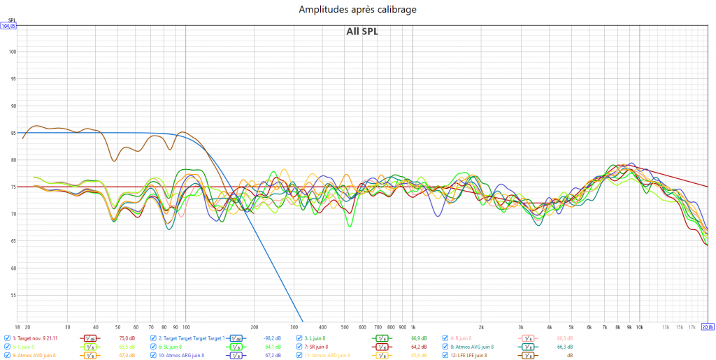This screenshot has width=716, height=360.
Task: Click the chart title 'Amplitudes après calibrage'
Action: coord(357,10)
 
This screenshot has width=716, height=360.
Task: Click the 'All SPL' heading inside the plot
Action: coord(361,31)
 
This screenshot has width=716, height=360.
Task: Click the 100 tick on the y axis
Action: coord(12,52)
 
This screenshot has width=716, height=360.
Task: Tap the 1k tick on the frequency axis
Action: coord(413,326)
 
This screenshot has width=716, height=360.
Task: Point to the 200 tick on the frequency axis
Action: coord(254,326)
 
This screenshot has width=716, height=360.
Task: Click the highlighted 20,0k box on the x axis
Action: coord(707,326)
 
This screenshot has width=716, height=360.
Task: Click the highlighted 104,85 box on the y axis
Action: coord(8,26)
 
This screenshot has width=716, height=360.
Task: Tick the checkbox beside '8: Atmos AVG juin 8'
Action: coord(445,346)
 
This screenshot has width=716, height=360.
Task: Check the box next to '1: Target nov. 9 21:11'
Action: coord(8,338)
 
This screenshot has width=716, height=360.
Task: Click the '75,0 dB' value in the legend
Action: coord(127,338)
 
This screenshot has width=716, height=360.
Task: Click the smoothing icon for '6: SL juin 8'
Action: coord(237,347)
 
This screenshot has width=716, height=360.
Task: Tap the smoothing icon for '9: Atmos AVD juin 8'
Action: coord(90,356)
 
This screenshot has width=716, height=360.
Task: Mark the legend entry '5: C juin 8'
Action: coord(23,346)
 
